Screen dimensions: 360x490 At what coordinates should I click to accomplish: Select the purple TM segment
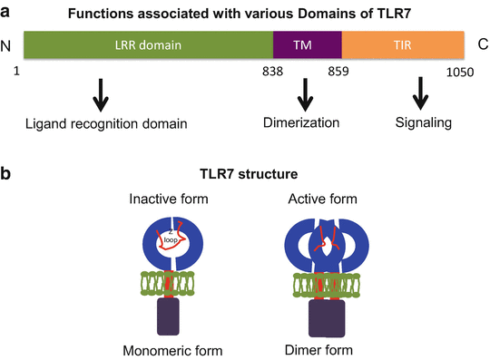(x=308, y=44)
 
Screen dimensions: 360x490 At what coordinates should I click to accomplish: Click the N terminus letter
(x=7, y=44)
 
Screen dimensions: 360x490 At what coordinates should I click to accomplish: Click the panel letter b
(x=7, y=171)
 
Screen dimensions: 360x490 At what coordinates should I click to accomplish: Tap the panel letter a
(x=7, y=9)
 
